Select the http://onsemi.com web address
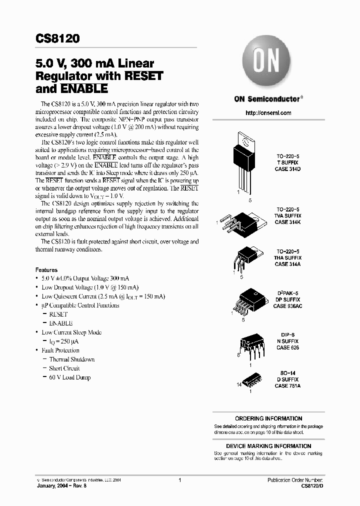[x=268, y=113]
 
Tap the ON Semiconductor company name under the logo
[x=267, y=99]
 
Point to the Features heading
[x=46, y=269]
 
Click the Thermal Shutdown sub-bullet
[x=71, y=359]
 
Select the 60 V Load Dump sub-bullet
[x=69, y=377]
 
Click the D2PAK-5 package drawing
[x=248, y=299]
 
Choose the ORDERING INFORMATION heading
[x=268, y=418]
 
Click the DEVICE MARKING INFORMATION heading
[x=268, y=446]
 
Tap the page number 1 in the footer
[x=179, y=480]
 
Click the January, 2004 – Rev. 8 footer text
[x=63, y=485]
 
